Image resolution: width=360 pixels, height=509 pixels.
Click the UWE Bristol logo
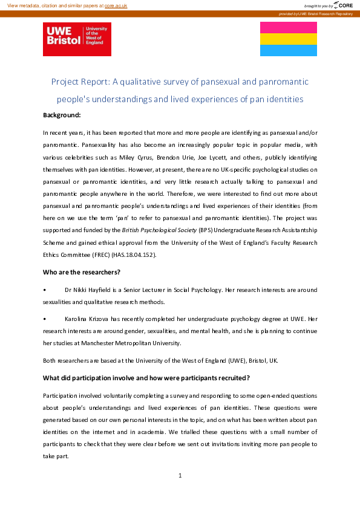77,39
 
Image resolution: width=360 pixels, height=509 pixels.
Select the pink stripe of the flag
288,28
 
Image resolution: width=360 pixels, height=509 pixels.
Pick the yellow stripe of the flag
288,39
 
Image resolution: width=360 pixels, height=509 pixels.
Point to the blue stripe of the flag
288,50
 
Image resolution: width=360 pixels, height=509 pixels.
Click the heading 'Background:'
62,115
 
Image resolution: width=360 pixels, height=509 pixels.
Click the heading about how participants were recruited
146,378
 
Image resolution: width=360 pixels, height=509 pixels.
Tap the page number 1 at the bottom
180,476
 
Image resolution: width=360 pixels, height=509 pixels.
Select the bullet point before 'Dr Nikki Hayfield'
45,290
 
